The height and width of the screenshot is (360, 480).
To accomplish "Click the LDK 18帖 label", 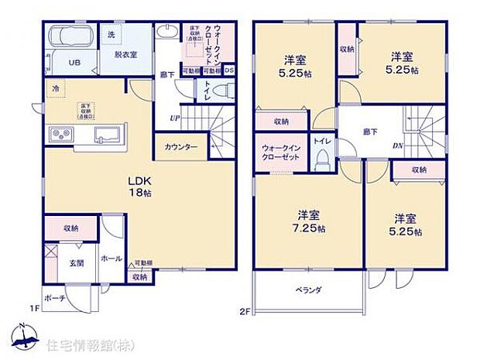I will pos(139,188).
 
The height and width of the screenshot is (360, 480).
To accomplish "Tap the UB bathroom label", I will pos(76,63).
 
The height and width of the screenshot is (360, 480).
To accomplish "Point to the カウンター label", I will pos(181,147).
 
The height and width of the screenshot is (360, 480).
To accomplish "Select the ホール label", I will pos(111,259).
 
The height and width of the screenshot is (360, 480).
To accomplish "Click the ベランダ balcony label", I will pos(307,290).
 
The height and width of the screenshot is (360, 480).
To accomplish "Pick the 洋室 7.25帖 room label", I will pos(310,222).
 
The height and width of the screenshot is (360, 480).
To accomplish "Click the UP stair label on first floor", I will pos(177,118).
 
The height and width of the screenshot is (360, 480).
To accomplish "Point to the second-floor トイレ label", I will pos(321,142).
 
